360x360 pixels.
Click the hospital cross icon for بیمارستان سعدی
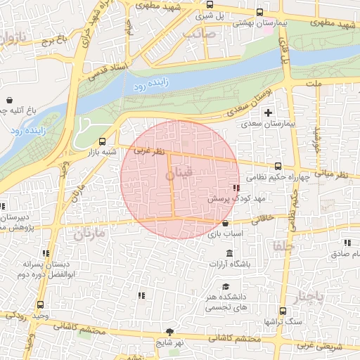(267, 112)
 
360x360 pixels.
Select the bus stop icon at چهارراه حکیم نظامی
(278, 167)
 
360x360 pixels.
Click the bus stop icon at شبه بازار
(103, 141)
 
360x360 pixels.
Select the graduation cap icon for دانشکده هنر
(226, 286)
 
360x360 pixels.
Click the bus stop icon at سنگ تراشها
(283, 311)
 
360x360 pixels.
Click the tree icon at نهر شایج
(169, 331)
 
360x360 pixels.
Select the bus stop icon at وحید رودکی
(40, 305)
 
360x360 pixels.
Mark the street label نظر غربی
(149, 151)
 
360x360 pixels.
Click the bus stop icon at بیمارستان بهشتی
(260, 13)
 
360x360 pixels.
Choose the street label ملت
(314, 84)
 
